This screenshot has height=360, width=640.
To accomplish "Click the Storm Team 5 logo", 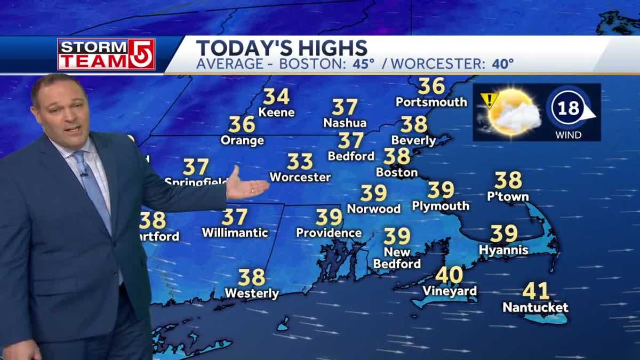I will point(106,54).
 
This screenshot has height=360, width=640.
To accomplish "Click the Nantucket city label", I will point(535,308).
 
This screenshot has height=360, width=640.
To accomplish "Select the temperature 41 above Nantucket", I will point(535,291).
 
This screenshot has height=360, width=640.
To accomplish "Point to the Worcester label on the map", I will point(300,177).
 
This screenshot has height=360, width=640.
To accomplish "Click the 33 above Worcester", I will point(300,161).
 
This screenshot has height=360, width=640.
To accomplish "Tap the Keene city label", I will point(276,113).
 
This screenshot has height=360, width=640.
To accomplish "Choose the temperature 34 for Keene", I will point(276,97).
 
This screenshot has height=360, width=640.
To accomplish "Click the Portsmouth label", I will point(431,101).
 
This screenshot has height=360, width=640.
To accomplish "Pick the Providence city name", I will point(329,233).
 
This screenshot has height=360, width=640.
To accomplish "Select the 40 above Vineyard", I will point(449,275).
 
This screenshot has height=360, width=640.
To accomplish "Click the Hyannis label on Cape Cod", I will point(503,250).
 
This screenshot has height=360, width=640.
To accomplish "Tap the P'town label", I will point(508,197).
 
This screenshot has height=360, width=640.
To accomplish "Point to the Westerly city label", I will point(252,293).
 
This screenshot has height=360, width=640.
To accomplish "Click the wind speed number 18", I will point(569,109).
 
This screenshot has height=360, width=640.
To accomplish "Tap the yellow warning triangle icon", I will point(489,100).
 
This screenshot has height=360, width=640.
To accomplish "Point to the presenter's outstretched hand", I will point(246,186).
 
